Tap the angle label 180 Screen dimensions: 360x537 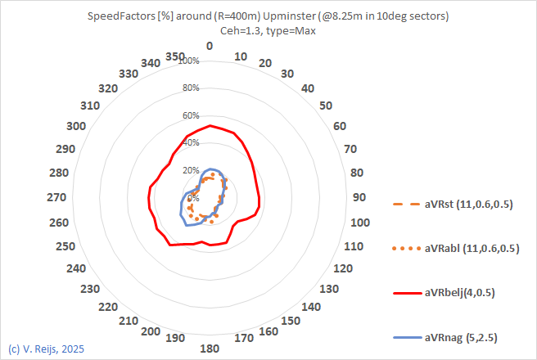click(x=210, y=349)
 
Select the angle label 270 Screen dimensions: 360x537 click(x=57, y=197)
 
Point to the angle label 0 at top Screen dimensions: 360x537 click(x=210, y=46)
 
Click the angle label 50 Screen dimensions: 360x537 click(x=326, y=105)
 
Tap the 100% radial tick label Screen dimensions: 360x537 click(x=189, y=61)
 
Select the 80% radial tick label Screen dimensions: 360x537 click(x=191, y=88)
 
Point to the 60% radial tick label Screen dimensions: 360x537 click(x=191, y=115)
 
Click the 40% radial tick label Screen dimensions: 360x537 click(x=191, y=143)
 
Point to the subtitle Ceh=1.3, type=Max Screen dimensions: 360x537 click(x=268, y=30)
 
